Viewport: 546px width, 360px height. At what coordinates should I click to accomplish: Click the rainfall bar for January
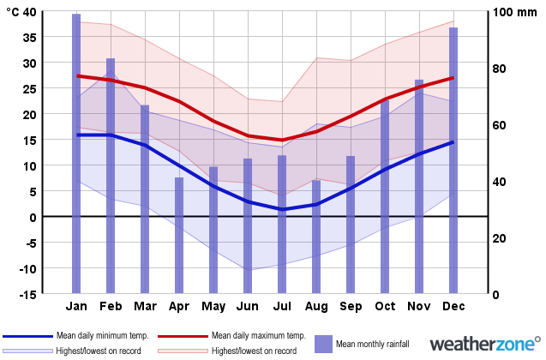pyautogui.click(x=76, y=154)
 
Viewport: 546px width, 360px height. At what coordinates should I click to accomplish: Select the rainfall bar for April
pyautogui.click(x=179, y=236)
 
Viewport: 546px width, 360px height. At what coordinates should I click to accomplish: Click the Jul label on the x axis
pyautogui.click(x=282, y=307)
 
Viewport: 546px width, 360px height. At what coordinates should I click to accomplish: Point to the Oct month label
pyautogui.click(x=385, y=307)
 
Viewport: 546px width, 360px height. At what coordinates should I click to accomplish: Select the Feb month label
pyautogui.click(x=111, y=307)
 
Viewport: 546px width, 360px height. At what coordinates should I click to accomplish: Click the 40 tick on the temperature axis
pyautogui.click(x=31, y=12)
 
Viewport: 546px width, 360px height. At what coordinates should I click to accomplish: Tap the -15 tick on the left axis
pyautogui.click(x=27, y=294)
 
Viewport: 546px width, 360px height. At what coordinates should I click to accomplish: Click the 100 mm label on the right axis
pyautogui.click(x=514, y=12)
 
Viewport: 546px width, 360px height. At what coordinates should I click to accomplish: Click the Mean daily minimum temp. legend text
pyautogui.click(x=102, y=335)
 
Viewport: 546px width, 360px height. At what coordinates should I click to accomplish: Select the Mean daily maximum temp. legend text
pyautogui.click(x=258, y=335)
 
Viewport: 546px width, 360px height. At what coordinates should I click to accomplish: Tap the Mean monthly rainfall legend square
pyautogui.click(x=323, y=344)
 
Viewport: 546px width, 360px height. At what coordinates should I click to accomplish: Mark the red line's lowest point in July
pyautogui.click(x=282, y=140)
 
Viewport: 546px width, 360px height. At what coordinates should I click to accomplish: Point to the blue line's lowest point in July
pyautogui.click(x=282, y=209)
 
